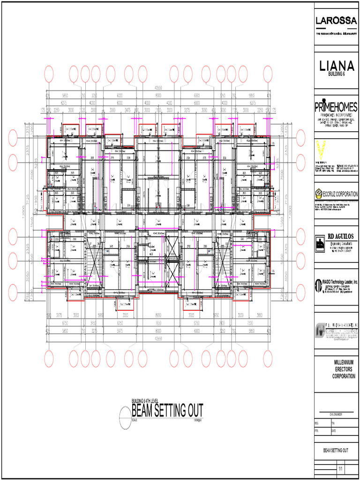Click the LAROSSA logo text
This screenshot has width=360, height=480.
point(337,21)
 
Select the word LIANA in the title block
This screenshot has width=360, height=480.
point(337,66)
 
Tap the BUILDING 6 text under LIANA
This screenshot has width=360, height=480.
point(337,75)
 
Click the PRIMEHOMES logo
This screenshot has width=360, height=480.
point(337,107)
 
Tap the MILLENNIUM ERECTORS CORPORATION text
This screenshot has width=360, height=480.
point(344,369)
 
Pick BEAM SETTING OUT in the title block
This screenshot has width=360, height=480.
point(336,450)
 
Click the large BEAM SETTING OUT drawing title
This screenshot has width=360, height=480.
point(167,412)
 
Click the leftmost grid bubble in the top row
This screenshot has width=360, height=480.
point(48,74)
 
